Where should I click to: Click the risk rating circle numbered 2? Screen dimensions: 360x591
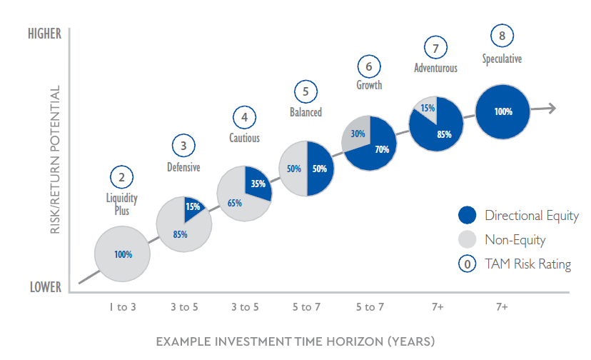click(x=122, y=177)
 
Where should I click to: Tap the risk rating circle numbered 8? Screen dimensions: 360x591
click(x=502, y=36)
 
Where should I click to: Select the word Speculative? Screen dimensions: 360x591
click(x=502, y=59)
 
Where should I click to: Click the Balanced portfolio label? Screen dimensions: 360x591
click(x=305, y=112)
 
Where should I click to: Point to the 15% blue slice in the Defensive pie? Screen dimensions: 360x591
click(x=192, y=207)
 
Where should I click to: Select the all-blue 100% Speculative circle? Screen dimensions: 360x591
click(x=502, y=111)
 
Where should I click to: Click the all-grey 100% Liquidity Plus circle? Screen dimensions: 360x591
click(x=122, y=254)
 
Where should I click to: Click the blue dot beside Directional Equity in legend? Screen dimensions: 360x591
click(x=468, y=216)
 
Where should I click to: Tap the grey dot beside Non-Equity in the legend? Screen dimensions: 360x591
click(x=468, y=240)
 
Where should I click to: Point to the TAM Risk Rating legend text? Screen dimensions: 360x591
click(x=527, y=264)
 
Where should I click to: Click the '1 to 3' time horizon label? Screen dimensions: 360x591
click(x=123, y=307)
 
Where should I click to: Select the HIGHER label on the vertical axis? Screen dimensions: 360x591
click(x=44, y=34)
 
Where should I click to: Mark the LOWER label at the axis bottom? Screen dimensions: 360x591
click(x=45, y=287)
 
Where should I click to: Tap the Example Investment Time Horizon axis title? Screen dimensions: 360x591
click(x=295, y=341)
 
